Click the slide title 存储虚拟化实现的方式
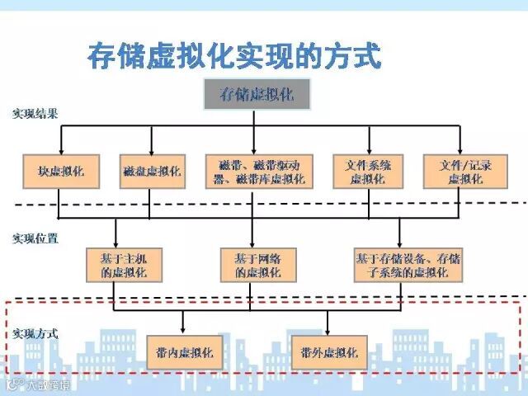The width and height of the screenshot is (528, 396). (x=234, y=56)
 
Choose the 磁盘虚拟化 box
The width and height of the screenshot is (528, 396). (x=150, y=171)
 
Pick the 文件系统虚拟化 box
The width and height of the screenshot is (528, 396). (x=367, y=171)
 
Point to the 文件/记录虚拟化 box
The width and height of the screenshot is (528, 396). (x=460, y=171)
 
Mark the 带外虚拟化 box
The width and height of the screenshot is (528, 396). (x=329, y=352)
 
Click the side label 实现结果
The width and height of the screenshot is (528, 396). (x=35, y=114)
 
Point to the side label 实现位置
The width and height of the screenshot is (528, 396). (x=35, y=238)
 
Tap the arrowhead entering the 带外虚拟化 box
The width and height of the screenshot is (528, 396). (x=329, y=331)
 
